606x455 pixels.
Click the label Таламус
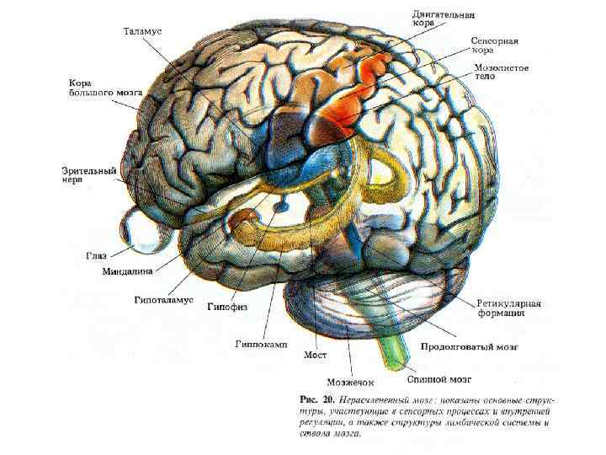click(x=142, y=31)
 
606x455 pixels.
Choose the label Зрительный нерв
click(x=88, y=175)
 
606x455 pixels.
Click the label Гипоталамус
click(x=163, y=300)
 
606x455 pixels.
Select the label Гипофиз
click(x=227, y=308)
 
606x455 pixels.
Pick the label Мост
click(x=315, y=355)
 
